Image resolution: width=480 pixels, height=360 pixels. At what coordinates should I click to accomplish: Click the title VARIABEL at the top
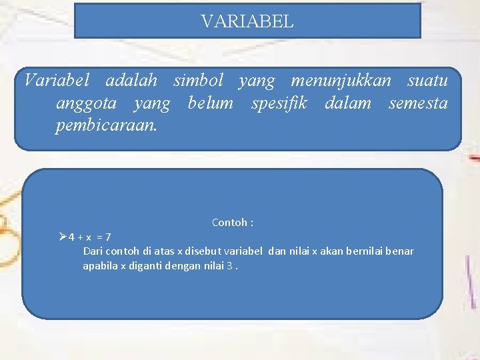tap(247, 22)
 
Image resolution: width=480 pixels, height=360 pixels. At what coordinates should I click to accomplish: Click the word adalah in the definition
tap(131, 81)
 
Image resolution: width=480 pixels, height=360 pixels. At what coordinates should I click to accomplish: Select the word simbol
tap(198, 81)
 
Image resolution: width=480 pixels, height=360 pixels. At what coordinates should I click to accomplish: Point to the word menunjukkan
tap(341, 81)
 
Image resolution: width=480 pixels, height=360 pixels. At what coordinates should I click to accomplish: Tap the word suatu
tap(427, 81)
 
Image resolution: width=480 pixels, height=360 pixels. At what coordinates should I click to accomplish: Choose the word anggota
tap(87, 103)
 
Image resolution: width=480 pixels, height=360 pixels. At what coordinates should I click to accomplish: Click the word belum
tap(211, 103)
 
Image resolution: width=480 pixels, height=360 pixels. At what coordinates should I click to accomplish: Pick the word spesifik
tap(279, 103)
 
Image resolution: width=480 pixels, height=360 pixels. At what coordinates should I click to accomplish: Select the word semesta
tap(417, 103)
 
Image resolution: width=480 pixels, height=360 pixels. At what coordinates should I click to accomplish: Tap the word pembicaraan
tap(107, 125)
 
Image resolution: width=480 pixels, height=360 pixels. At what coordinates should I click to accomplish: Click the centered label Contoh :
tap(233, 222)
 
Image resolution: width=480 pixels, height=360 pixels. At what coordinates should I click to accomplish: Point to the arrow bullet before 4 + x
tap(63, 236)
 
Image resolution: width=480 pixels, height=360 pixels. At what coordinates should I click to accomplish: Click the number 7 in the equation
tap(109, 237)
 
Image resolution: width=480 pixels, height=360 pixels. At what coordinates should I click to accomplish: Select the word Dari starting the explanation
tap(93, 251)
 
